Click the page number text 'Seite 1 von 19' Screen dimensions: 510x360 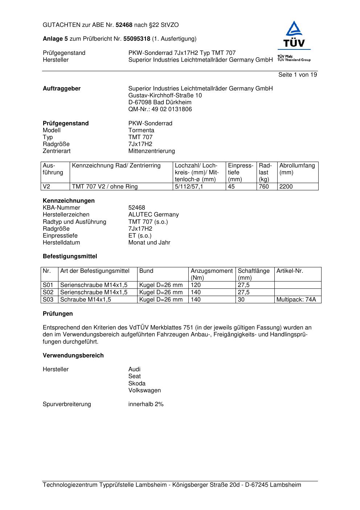click(x=297, y=75)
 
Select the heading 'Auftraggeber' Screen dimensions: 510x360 click(x=62, y=89)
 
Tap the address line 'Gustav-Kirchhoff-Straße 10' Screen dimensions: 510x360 click(x=165, y=96)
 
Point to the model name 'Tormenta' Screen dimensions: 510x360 click(x=141, y=130)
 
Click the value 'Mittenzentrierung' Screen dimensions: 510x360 click(x=151, y=151)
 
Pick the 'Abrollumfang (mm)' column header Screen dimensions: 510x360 click(x=297, y=169)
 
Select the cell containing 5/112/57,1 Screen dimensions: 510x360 click(x=189, y=187)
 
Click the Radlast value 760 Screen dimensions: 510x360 click(x=264, y=187)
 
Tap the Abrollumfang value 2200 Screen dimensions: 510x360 click(x=286, y=187)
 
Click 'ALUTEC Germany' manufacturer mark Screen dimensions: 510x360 click(x=154, y=215)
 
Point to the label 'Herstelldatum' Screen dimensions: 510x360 click(x=61, y=243)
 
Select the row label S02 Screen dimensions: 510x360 click(x=48, y=292)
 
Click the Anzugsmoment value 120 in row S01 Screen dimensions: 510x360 click(x=196, y=285)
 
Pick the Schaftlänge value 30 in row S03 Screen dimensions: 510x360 click(x=241, y=300)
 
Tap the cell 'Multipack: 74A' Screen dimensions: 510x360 click(x=296, y=300)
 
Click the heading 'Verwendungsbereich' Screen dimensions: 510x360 click(x=73, y=356)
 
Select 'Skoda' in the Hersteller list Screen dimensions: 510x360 click(x=137, y=384)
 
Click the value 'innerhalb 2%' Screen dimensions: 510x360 click(x=146, y=404)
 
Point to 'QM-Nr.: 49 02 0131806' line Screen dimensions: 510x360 click(x=160, y=109)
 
